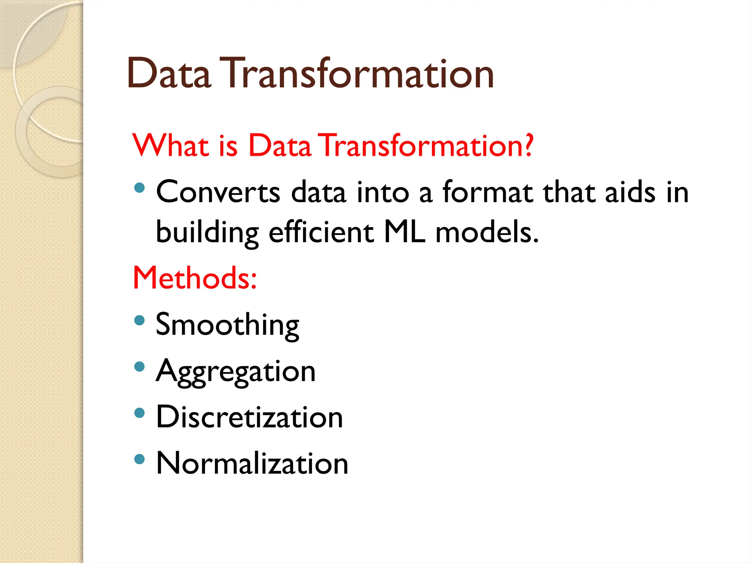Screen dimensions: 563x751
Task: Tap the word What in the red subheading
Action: click(171, 146)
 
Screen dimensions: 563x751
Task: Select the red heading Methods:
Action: click(195, 278)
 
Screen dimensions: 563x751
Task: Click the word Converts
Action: click(218, 192)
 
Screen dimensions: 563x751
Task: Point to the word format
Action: click(487, 192)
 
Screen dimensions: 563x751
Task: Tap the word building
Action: click(207, 232)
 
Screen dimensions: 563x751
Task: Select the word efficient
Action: click(321, 232)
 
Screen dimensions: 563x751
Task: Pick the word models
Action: click(486, 232)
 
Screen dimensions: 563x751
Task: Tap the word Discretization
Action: click(249, 417)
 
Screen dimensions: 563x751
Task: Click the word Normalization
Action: click(252, 464)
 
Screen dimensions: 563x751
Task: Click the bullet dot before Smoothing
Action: click(139, 321)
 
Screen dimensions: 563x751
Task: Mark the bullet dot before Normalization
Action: click(139, 459)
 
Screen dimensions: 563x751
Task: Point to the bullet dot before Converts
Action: click(139, 188)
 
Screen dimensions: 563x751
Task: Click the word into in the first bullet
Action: click(382, 192)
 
